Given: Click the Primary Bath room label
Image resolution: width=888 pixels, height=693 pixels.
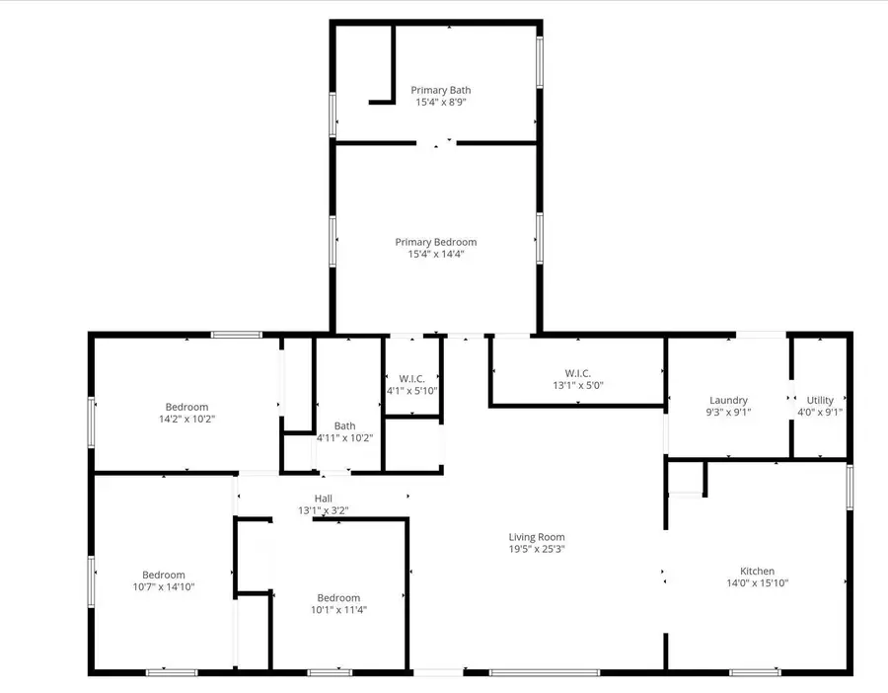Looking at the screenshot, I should (440, 90).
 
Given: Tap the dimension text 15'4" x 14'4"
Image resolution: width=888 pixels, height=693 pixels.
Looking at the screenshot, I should (436, 255).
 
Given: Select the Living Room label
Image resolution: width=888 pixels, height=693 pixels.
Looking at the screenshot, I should (537, 537).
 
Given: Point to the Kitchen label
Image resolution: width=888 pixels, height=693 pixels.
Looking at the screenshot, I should (757, 571).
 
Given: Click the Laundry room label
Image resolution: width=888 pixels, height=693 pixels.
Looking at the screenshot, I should (728, 401).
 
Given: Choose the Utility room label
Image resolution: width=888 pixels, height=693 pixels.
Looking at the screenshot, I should (820, 401).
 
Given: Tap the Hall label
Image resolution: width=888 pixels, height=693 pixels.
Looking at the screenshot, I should (324, 499).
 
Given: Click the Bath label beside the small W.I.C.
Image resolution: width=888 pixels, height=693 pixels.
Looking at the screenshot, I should (344, 426).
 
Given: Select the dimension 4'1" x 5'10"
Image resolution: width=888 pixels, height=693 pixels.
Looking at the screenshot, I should (411, 391).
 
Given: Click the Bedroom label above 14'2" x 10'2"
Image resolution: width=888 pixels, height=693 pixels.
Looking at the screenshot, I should (186, 407).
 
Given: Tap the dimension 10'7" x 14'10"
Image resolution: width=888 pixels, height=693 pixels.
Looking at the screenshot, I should (164, 587).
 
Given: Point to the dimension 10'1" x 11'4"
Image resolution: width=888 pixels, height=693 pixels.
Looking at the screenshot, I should (338, 609).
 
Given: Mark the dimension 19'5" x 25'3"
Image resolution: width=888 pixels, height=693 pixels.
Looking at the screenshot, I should (537, 549).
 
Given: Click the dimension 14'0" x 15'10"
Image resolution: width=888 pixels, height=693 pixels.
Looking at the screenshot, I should (757, 582).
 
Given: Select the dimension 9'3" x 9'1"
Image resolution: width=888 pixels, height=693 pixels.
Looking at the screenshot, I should (728, 413).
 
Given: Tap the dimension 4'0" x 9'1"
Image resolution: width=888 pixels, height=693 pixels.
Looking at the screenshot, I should (820, 413).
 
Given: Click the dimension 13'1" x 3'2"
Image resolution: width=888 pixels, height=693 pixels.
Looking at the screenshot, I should (324, 510).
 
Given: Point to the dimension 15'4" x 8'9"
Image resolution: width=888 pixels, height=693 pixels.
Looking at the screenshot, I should (440, 102).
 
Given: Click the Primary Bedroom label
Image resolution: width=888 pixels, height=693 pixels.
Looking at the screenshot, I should (436, 242).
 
